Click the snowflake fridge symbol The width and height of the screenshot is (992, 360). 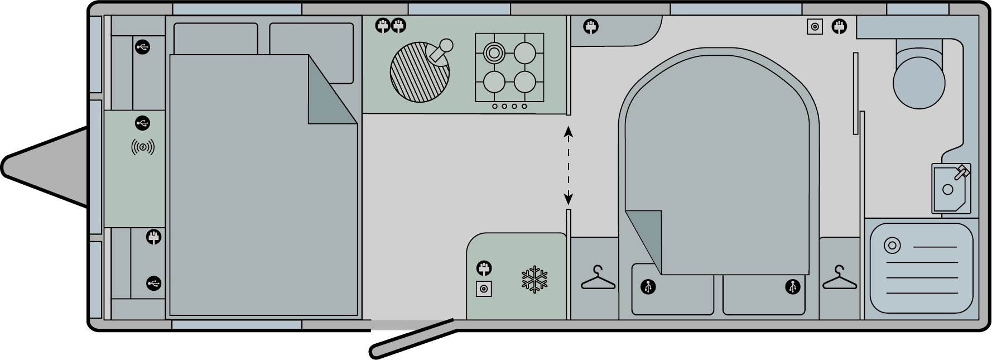tap(534, 280)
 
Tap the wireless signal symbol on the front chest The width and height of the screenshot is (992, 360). tap(143, 147)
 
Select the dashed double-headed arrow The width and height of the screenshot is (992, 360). tap(569, 165)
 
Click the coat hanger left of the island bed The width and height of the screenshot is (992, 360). tap(598, 278)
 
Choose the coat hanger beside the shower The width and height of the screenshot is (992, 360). tap(839, 278)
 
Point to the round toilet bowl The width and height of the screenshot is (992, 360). tap(918, 82)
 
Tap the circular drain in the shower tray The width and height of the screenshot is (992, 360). tap(892, 246)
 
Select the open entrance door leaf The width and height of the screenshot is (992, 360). tap(413, 338)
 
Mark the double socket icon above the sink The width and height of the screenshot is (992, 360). tap(390, 26)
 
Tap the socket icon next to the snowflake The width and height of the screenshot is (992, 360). tap(484, 268)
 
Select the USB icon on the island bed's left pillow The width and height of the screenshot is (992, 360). tap(648, 287)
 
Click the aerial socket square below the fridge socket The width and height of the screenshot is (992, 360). tap(484, 289)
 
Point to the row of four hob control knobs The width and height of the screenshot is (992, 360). tap(509, 106)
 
